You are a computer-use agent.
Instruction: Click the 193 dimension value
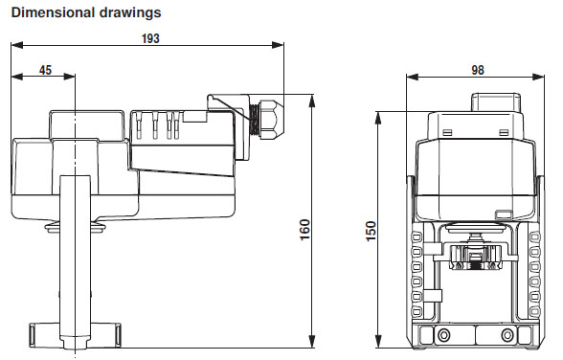(x=150, y=38)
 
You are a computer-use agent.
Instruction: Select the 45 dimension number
(x=45, y=70)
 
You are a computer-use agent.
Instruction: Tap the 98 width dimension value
(x=478, y=70)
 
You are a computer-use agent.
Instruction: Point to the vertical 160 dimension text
(x=304, y=230)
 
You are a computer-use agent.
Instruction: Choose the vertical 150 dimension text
(x=371, y=231)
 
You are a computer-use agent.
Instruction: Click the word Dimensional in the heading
(x=53, y=12)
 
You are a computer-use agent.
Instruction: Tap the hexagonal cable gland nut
(x=272, y=119)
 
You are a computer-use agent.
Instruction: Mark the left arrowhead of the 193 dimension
(x=17, y=45)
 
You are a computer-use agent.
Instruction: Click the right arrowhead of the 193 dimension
(x=278, y=45)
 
